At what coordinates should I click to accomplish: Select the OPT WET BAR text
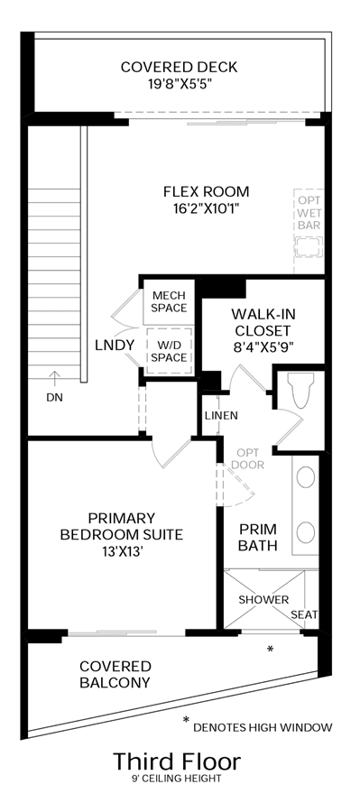tap(309, 212)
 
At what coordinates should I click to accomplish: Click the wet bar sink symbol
tap(309, 245)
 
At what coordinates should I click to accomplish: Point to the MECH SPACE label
tap(170, 301)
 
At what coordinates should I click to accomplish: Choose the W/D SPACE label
tap(170, 351)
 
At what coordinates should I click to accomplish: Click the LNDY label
tap(115, 345)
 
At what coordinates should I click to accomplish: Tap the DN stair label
tap(54, 398)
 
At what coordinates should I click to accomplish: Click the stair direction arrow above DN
tap(54, 379)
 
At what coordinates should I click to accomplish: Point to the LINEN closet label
tap(221, 415)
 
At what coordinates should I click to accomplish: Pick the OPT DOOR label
tap(247, 458)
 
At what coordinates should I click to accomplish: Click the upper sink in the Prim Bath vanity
tap(306, 477)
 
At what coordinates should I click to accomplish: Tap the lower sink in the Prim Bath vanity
tap(306, 531)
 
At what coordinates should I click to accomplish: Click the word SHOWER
tap(263, 600)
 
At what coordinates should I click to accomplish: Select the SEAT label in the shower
tap(304, 615)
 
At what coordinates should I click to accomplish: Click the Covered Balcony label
tap(115, 674)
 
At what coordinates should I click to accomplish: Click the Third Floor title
tap(177, 761)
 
